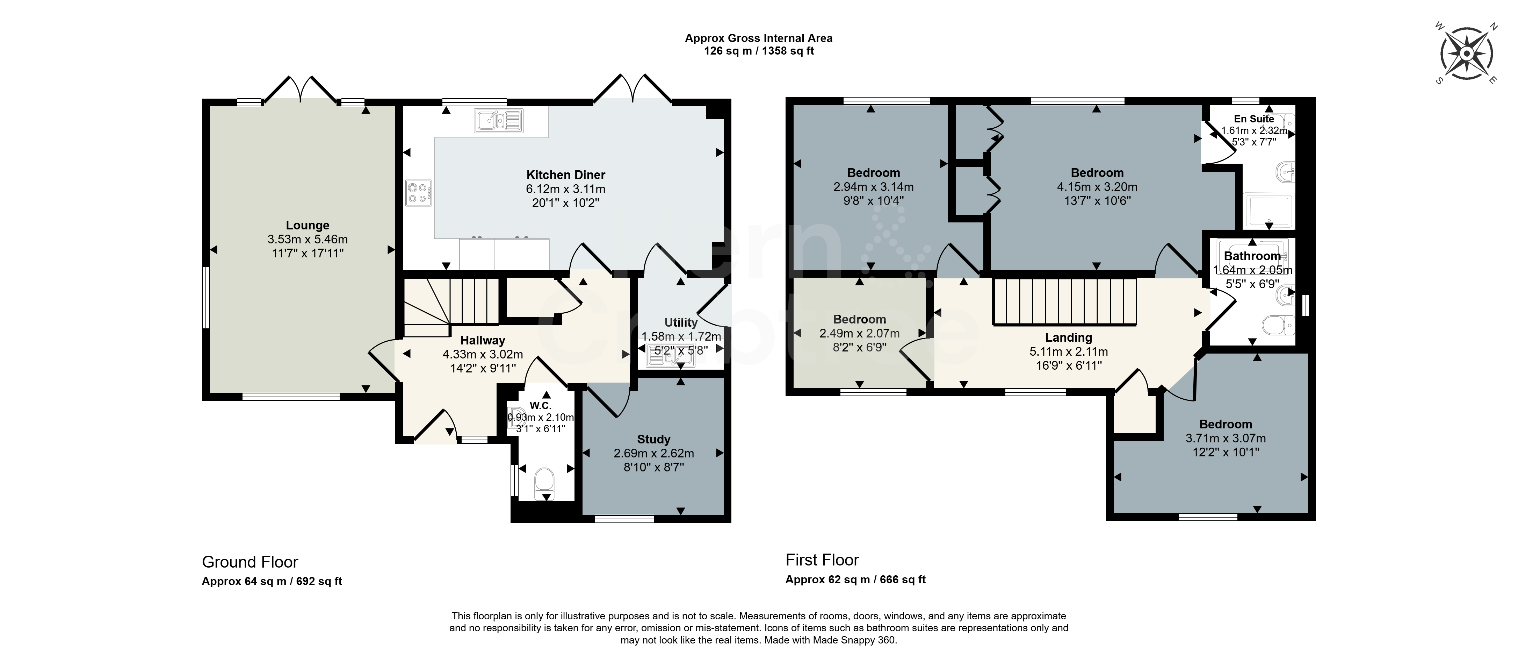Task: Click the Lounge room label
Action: click(x=307, y=225)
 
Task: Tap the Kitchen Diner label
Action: click(x=566, y=175)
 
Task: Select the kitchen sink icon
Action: click(x=499, y=121)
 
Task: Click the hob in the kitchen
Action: click(x=418, y=193)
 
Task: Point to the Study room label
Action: click(x=653, y=439)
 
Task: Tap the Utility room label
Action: click(x=681, y=322)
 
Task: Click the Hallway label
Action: click(x=483, y=340)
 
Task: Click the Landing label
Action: click(x=1068, y=338)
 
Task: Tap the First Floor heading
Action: click(x=822, y=560)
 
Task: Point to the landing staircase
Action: click(x=1064, y=302)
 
